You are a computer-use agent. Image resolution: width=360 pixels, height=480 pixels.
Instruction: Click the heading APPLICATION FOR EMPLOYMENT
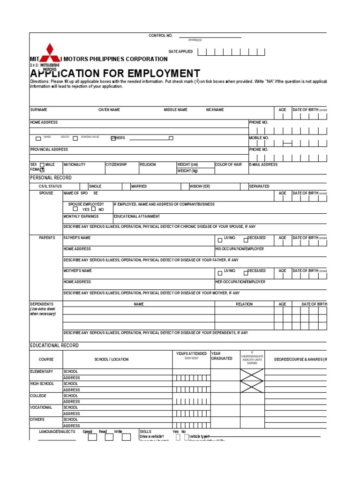(x=115, y=74)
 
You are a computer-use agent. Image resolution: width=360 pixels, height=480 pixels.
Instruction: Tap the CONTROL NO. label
(x=160, y=36)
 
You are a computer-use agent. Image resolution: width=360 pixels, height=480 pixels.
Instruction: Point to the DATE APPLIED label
(x=180, y=52)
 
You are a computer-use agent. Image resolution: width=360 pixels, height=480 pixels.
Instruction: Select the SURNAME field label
(x=38, y=110)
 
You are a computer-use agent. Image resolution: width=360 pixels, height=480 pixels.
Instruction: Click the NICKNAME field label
(x=215, y=110)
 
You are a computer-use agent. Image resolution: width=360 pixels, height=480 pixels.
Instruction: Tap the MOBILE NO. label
(x=259, y=138)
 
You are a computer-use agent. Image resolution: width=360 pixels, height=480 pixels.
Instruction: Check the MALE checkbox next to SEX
(x=42, y=165)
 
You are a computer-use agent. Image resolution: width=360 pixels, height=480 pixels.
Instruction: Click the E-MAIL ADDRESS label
(x=263, y=165)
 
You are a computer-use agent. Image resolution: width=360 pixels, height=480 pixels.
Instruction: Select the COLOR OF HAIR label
(x=228, y=165)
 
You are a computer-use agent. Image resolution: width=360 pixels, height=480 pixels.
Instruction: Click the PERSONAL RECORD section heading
(x=51, y=178)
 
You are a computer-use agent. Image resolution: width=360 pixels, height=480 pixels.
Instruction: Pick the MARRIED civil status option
(x=139, y=186)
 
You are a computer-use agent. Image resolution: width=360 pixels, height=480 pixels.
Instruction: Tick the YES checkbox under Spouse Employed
(x=75, y=209)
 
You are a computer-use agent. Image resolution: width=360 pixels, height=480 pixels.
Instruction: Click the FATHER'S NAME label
(x=77, y=238)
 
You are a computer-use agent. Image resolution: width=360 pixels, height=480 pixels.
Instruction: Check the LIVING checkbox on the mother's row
(x=220, y=273)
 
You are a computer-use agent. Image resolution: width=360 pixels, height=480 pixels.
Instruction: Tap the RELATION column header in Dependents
(x=244, y=304)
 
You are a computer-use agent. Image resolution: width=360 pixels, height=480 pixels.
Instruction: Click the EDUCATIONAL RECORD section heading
(x=54, y=345)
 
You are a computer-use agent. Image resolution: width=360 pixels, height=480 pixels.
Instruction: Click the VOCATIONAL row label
(x=41, y=408)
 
